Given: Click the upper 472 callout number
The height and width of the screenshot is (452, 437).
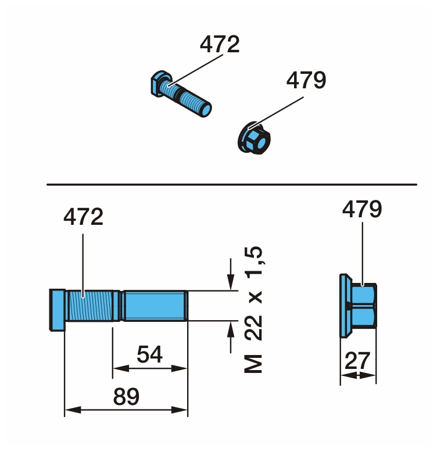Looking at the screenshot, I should [x=220, y=45].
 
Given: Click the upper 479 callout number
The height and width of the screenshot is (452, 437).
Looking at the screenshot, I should [x=306, y=80].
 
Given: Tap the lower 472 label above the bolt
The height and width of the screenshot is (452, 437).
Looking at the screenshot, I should [x=83, y=217].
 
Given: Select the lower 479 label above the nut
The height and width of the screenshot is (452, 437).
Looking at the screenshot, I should [x=362, y=209].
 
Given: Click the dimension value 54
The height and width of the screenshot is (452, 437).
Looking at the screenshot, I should [x=149, y=354].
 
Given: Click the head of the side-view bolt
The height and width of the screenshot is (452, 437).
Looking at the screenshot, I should [x=58, y=309].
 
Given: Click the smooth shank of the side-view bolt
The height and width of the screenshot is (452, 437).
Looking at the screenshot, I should [x=155, y=306].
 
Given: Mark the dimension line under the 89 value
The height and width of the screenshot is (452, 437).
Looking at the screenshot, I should [x=126, y=410].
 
